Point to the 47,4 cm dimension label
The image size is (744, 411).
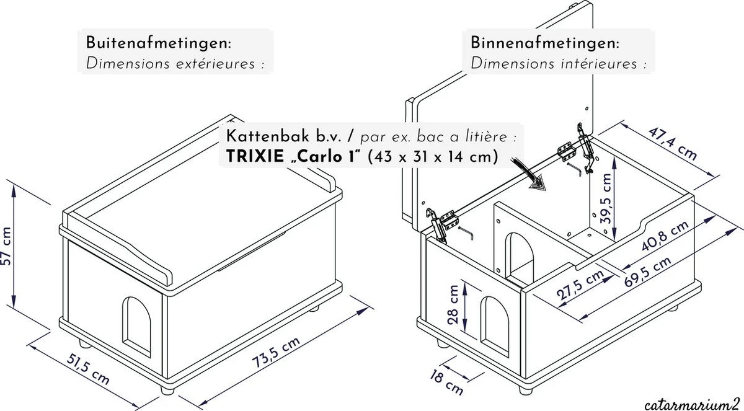click(672, 144)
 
